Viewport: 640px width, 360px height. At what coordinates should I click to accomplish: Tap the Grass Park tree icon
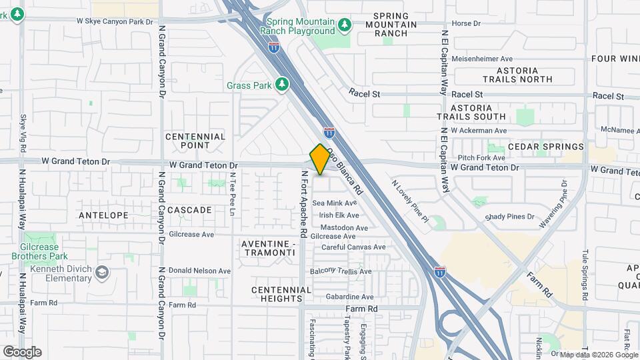click(282, 85)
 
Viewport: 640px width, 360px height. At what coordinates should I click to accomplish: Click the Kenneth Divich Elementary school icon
click(101, 272)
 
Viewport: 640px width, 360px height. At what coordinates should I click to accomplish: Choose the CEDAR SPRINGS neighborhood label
click(545, 147)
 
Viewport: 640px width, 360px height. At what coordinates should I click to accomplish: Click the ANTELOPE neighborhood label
click(103, 215)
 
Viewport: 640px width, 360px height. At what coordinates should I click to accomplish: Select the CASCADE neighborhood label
click(189, 210)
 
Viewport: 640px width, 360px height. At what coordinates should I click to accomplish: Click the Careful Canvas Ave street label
click(353, 247)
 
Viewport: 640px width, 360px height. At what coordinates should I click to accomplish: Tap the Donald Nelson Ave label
click(199, 271)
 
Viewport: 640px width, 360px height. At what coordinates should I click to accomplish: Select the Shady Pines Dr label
click(510, 217)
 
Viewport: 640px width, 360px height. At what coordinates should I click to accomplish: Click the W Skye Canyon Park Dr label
click(115, 21)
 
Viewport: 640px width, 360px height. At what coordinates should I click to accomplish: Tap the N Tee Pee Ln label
click(233, 194)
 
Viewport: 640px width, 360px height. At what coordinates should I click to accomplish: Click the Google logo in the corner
click(22, 352)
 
